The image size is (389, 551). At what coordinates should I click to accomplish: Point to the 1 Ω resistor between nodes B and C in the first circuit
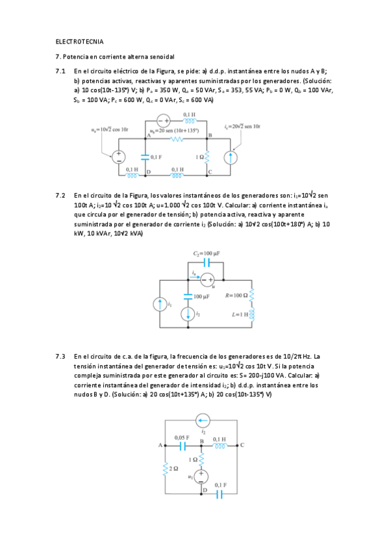(x=208, y=157)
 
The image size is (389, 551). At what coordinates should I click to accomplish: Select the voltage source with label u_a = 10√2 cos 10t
(x=119, y=157)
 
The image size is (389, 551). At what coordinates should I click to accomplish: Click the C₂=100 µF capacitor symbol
(x=207, y=263)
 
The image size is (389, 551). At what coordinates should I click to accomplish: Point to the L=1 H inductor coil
(x=252, y=315)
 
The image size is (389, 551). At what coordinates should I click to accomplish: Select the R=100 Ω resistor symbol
(x=252, y=295)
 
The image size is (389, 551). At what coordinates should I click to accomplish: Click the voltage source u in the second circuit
(x=207, y=280)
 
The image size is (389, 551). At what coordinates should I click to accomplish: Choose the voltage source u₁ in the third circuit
(x=201, y=477)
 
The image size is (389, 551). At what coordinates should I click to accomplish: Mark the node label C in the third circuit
(x=242, y=445)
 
